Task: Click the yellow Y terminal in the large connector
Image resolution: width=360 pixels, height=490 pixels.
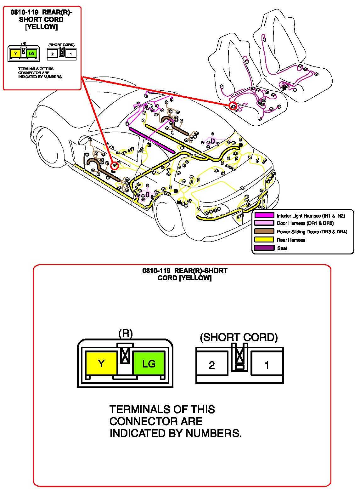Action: click(x=101, y=363)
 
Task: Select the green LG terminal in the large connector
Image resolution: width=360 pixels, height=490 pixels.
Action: click(x=149, y=363)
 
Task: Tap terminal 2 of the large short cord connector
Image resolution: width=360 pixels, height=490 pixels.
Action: click(x=212, y=365)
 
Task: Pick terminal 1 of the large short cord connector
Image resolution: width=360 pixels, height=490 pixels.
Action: click(x=267, y=365)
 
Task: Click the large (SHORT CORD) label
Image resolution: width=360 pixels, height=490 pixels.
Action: click(x=239, y=337)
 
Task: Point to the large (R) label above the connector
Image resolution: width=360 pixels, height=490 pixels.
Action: click(x=126, y=333)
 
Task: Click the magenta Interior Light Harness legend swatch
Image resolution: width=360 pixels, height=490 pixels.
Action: click(x=264, y=216)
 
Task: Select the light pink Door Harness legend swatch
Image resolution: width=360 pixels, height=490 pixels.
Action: click(x=264, y=223)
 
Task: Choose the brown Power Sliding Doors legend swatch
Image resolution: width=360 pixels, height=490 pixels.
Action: click(x=264, y=231)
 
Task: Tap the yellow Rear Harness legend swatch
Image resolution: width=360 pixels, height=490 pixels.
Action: click(x=264, y=240)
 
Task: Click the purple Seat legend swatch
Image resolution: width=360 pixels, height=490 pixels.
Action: click(x=264, y=248)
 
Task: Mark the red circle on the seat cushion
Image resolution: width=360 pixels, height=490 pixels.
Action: click(x=233, y=106)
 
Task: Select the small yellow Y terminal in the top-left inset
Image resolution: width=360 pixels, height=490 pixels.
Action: click(x=15, y=54)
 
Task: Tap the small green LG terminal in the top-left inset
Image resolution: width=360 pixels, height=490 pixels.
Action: click(x=31, y=54)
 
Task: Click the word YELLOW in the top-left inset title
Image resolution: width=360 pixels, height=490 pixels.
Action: click(x=41, y=27)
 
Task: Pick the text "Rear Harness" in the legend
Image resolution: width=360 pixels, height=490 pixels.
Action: click(x=291, y=240)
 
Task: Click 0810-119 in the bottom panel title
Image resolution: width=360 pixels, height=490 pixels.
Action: click(x=156, y=271)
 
